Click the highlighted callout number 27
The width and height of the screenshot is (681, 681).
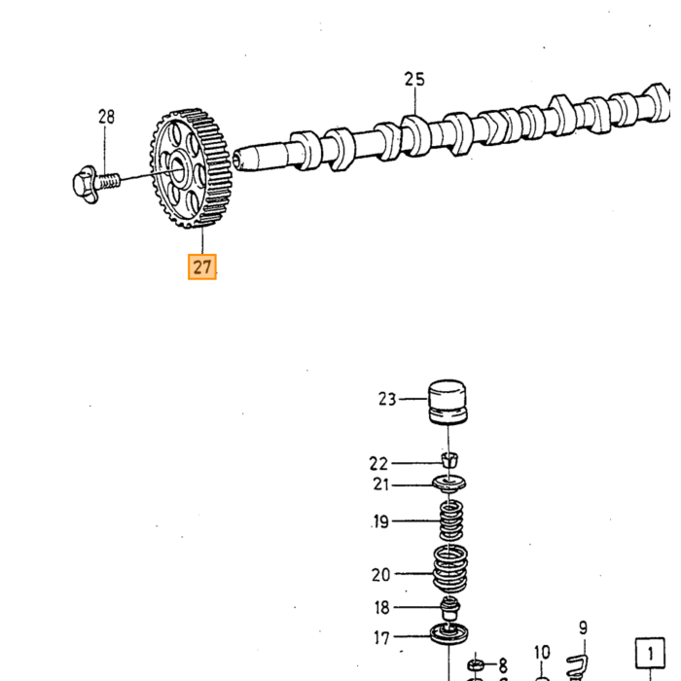pyautogui.click(x=202, y=267)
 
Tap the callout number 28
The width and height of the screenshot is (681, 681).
pyautogui.click(x=106, y=117)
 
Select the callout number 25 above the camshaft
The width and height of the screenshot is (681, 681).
pyautogui.click(x=414, y=79)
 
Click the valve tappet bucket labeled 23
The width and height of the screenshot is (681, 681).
pyautogui.click(x=448, y=401)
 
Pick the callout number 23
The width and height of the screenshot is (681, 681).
pyautogui.click(x=387, y=399)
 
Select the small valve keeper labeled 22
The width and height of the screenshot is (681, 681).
pyautogui.click(x=449, y=460)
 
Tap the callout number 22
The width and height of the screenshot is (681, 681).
pyautogui.click(x=378, y=464)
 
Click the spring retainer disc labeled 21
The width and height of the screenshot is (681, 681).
pyautogui.click(x=449, y=484)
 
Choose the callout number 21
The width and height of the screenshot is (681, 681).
pyautogui.click(x=381, y=484)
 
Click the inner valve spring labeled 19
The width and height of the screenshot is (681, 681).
pyautogui.click(x=450, y=520)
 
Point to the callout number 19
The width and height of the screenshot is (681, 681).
pyautogui.click(x=381, y=521)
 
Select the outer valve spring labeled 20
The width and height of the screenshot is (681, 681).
pyautogui.click(x=450, y=569)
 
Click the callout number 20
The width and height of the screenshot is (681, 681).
pyautogui.click(x=381, y=575)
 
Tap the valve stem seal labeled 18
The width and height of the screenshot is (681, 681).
pyautogui.click(x=449, y=608)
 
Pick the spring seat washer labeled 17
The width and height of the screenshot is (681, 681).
pyautogui.click(x=449, y=633)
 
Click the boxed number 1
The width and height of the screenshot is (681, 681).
pyautogui.click(x=650, y=653)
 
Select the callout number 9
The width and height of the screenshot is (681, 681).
pyautogui.click(x=583, y=628)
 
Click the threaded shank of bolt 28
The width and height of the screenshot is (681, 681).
pyautogui.click(x=109, y=180)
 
